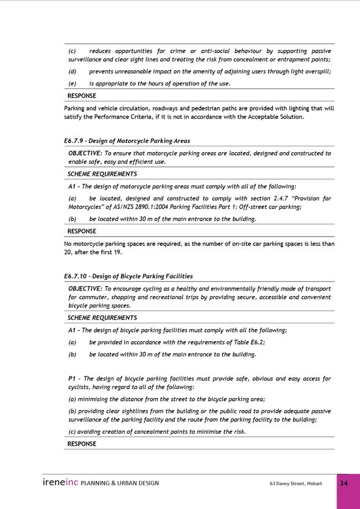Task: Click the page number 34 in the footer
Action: pyautogui.click(x=344, y=484)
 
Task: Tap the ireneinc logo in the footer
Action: pyautogui.click(x=60, y=482)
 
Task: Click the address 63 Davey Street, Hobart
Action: pyautogui.click(x=296, y=484)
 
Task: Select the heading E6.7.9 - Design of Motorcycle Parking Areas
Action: pyautogui.click(x=127, y=141)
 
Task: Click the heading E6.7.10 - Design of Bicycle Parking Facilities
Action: pyautogui.click(x=128, y=276)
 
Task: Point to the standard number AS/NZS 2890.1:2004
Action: pyautogui.click(x=148, y=206)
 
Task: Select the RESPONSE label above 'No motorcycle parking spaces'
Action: pyautogui.click(x=82, y=231)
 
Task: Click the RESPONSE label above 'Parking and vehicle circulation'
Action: pyautogui.click(x=82, y=96)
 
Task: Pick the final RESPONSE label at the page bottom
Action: pyautogui.click(x=82, y=444)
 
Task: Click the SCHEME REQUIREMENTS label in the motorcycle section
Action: pyautogui.click(x=102, y=174)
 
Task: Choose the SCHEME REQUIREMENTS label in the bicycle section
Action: pyautogui.click(x=102, y=318)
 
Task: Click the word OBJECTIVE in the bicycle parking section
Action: pyautogui.click(x=85, y=289)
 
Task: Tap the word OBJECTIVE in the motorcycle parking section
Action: pyautogui.click(x=85, y=153)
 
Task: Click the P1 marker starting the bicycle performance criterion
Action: pyautogui.click(x=72, y=379)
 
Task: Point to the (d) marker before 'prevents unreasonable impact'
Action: pyautogui.click(x=72, y=72)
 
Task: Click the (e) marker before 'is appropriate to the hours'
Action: pyautogui.click(x=72, y=83)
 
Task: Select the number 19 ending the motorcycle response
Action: pyautogui.click(x=117, y=252)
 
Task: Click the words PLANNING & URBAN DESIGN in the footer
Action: pyautogui.click(x=120, y=483)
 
